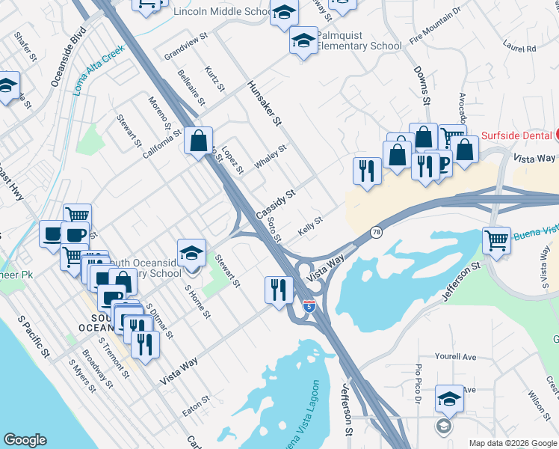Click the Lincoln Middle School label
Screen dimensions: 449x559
click(x=222, y=12)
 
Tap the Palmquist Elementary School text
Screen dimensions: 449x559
click(x=359, y=40)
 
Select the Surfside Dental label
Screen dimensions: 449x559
click(x=516, y=135)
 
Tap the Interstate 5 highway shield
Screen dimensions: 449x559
click(x=309, y=306)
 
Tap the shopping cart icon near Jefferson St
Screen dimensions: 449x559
click(x=496, y=240)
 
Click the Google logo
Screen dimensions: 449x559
click(x=25, y=440)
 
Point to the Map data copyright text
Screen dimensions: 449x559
click(x=512, y=443)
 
